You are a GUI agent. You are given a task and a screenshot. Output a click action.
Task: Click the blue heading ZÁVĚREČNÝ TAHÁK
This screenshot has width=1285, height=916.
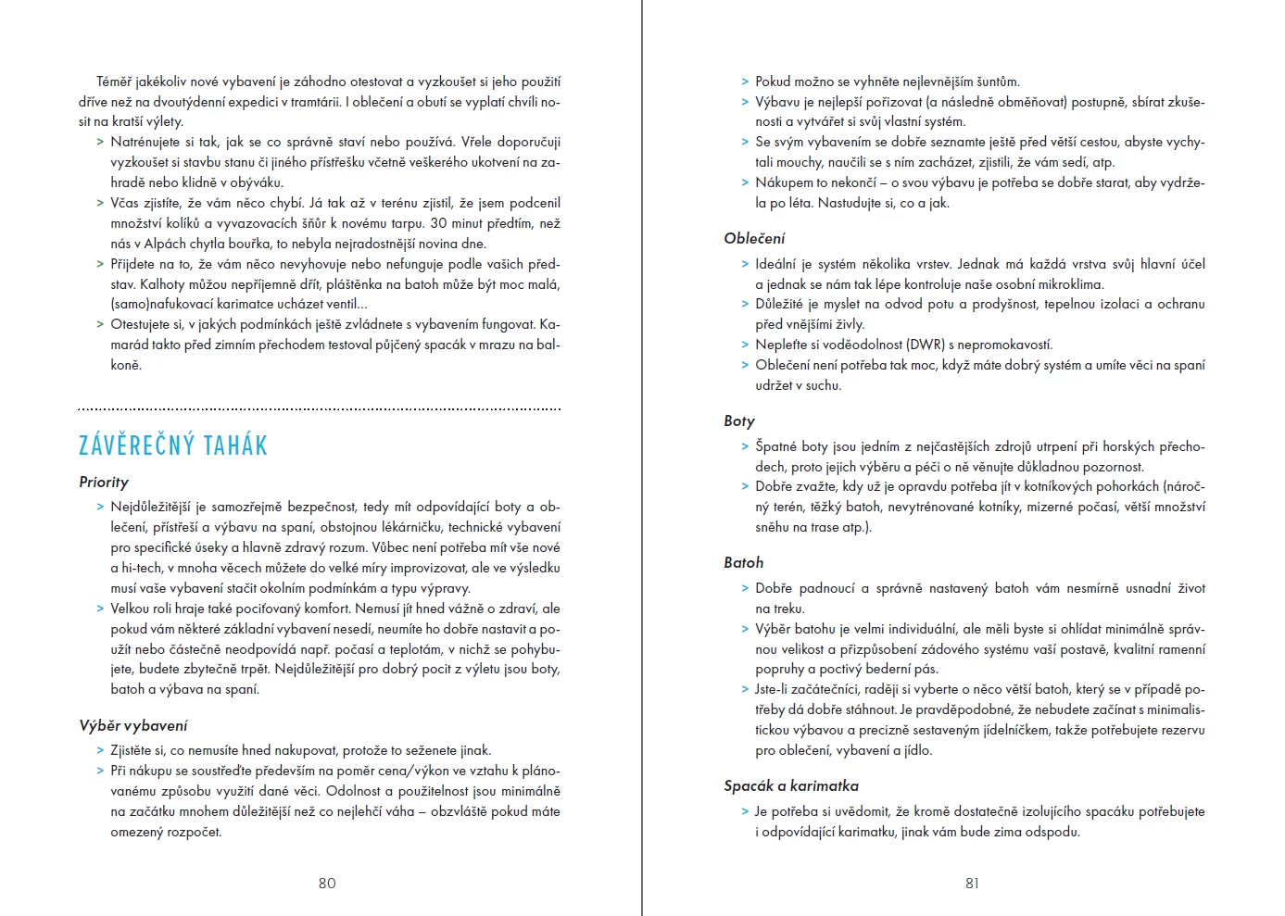coord(173,446)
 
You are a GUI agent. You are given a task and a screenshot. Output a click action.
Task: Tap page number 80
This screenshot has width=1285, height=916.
coord(327,884)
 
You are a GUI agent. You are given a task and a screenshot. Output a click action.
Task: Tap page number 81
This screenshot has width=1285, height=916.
coord(972,884)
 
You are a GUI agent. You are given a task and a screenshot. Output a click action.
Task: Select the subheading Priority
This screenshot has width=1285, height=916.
coord(104,483)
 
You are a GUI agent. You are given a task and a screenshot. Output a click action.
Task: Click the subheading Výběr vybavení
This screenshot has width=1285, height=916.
coord(133,726)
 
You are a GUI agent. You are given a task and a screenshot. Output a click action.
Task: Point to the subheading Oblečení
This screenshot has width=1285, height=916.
coord(754,239)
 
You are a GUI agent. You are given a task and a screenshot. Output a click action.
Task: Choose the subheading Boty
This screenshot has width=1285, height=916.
coord(739,421)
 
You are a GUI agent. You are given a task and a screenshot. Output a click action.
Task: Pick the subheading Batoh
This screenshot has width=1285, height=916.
coord(744,563)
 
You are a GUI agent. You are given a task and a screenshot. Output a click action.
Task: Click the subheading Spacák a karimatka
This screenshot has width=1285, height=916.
coord(791,786)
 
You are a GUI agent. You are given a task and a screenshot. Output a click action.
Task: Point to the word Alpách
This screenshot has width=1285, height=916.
coord(165,244)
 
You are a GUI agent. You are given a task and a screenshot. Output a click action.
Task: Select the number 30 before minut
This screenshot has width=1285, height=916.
coord(438,223)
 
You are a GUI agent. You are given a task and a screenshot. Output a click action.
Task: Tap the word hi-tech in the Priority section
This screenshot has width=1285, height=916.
coord(143,568)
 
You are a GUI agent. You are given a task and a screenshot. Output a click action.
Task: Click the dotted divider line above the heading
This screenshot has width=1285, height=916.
coord(320,408)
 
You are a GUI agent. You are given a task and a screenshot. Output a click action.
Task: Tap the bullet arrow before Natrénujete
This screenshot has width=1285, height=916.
coord(100,143)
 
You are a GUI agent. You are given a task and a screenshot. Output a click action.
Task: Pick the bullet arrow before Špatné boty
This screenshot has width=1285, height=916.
coord(745,446)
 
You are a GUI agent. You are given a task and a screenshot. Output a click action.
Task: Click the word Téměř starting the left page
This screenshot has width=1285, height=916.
coord(114,82)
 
